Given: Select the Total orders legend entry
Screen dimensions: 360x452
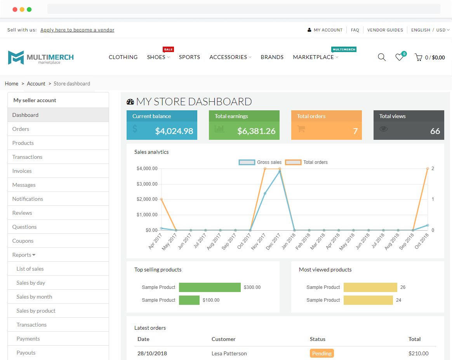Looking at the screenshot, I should (x=307, y=162).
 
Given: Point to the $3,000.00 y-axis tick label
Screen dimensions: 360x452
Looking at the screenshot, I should (x=147, y=184).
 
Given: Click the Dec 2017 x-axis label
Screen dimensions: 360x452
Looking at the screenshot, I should (x=273, y=241).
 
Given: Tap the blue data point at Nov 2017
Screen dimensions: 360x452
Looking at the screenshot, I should (x=265, y=193).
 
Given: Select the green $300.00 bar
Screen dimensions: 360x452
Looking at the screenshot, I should (x=210, y=287).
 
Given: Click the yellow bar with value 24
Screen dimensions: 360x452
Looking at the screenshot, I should (x=368, y=300).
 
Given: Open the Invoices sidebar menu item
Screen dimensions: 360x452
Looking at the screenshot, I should (x=22, y=171).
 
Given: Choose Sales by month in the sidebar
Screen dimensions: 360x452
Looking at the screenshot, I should (x=34, y=297).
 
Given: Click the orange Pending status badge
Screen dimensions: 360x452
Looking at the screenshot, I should (x=322, y=353).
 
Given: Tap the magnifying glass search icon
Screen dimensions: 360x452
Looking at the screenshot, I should (x=382, y=57).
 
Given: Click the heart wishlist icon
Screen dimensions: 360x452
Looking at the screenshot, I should (x=399, y=57).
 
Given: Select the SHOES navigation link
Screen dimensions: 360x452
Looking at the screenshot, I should (x=156, y=57).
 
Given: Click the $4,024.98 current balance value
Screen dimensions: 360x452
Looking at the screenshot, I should (x=174, y=131).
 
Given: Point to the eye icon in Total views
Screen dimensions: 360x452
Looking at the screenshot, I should (x=384, y=129).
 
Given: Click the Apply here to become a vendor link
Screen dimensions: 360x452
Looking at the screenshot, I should (x=77, y=30).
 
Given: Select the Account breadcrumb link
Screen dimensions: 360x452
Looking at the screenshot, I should (x=36, y=83).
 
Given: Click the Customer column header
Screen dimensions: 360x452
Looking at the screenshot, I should (x=223, y=339).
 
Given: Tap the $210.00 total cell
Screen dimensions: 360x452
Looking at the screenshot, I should (x=418, y=353).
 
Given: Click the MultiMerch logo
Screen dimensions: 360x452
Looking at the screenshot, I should (x=41, y=57).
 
